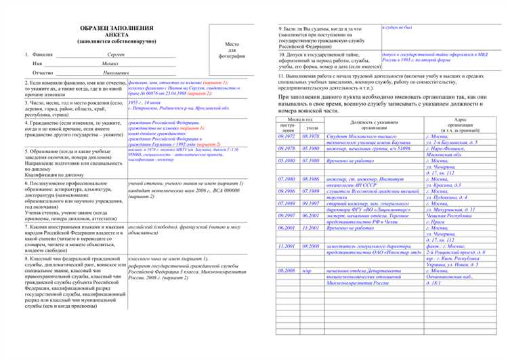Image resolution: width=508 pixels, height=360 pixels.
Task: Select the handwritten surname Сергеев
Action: point(117,54)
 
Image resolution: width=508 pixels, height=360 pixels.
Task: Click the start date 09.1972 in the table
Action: point(285,136)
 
